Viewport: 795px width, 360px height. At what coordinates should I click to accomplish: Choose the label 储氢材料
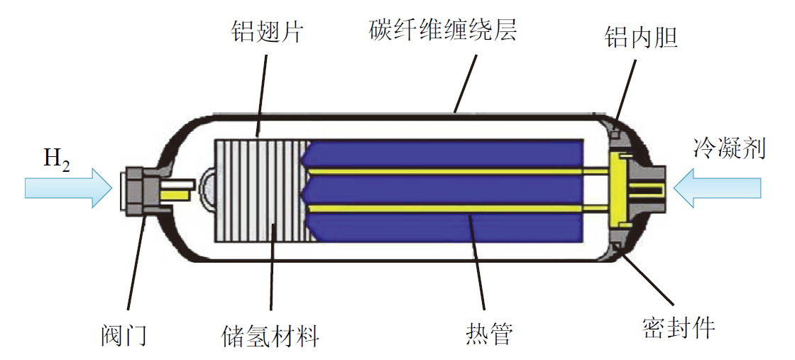(x=270, y=334)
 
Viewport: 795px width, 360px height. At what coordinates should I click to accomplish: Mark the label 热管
(x=488, y=334)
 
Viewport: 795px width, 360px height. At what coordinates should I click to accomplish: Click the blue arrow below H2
(x=68, y=187)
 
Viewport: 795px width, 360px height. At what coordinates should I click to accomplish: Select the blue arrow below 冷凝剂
(x=717, y=187)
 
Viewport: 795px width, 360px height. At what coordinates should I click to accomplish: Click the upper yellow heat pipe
(x=454, y=171)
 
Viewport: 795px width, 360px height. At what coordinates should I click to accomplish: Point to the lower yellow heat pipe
(x=454, y=207)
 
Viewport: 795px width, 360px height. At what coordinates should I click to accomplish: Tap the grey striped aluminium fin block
(x=260, y=189)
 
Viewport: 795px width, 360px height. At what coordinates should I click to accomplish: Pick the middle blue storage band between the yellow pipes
(x=447, y=189)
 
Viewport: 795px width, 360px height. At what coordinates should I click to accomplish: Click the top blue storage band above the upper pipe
(x=447, y=153)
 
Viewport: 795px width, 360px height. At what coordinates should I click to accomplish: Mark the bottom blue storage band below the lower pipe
(x=447, y=226)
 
